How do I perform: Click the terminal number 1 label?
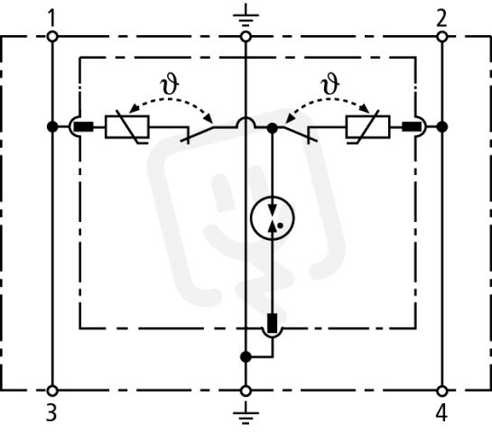[52, 18]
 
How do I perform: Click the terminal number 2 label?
[441, 18]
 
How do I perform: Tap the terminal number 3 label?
[51, 412]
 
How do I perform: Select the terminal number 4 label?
[441, 412]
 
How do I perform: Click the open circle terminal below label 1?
[52, 37]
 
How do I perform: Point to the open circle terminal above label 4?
[441, 391]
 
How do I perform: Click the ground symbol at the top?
[246, 15]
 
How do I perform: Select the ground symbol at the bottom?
[246, 413]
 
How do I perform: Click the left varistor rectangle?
[127, 126]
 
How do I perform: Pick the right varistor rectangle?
[367, 126]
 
